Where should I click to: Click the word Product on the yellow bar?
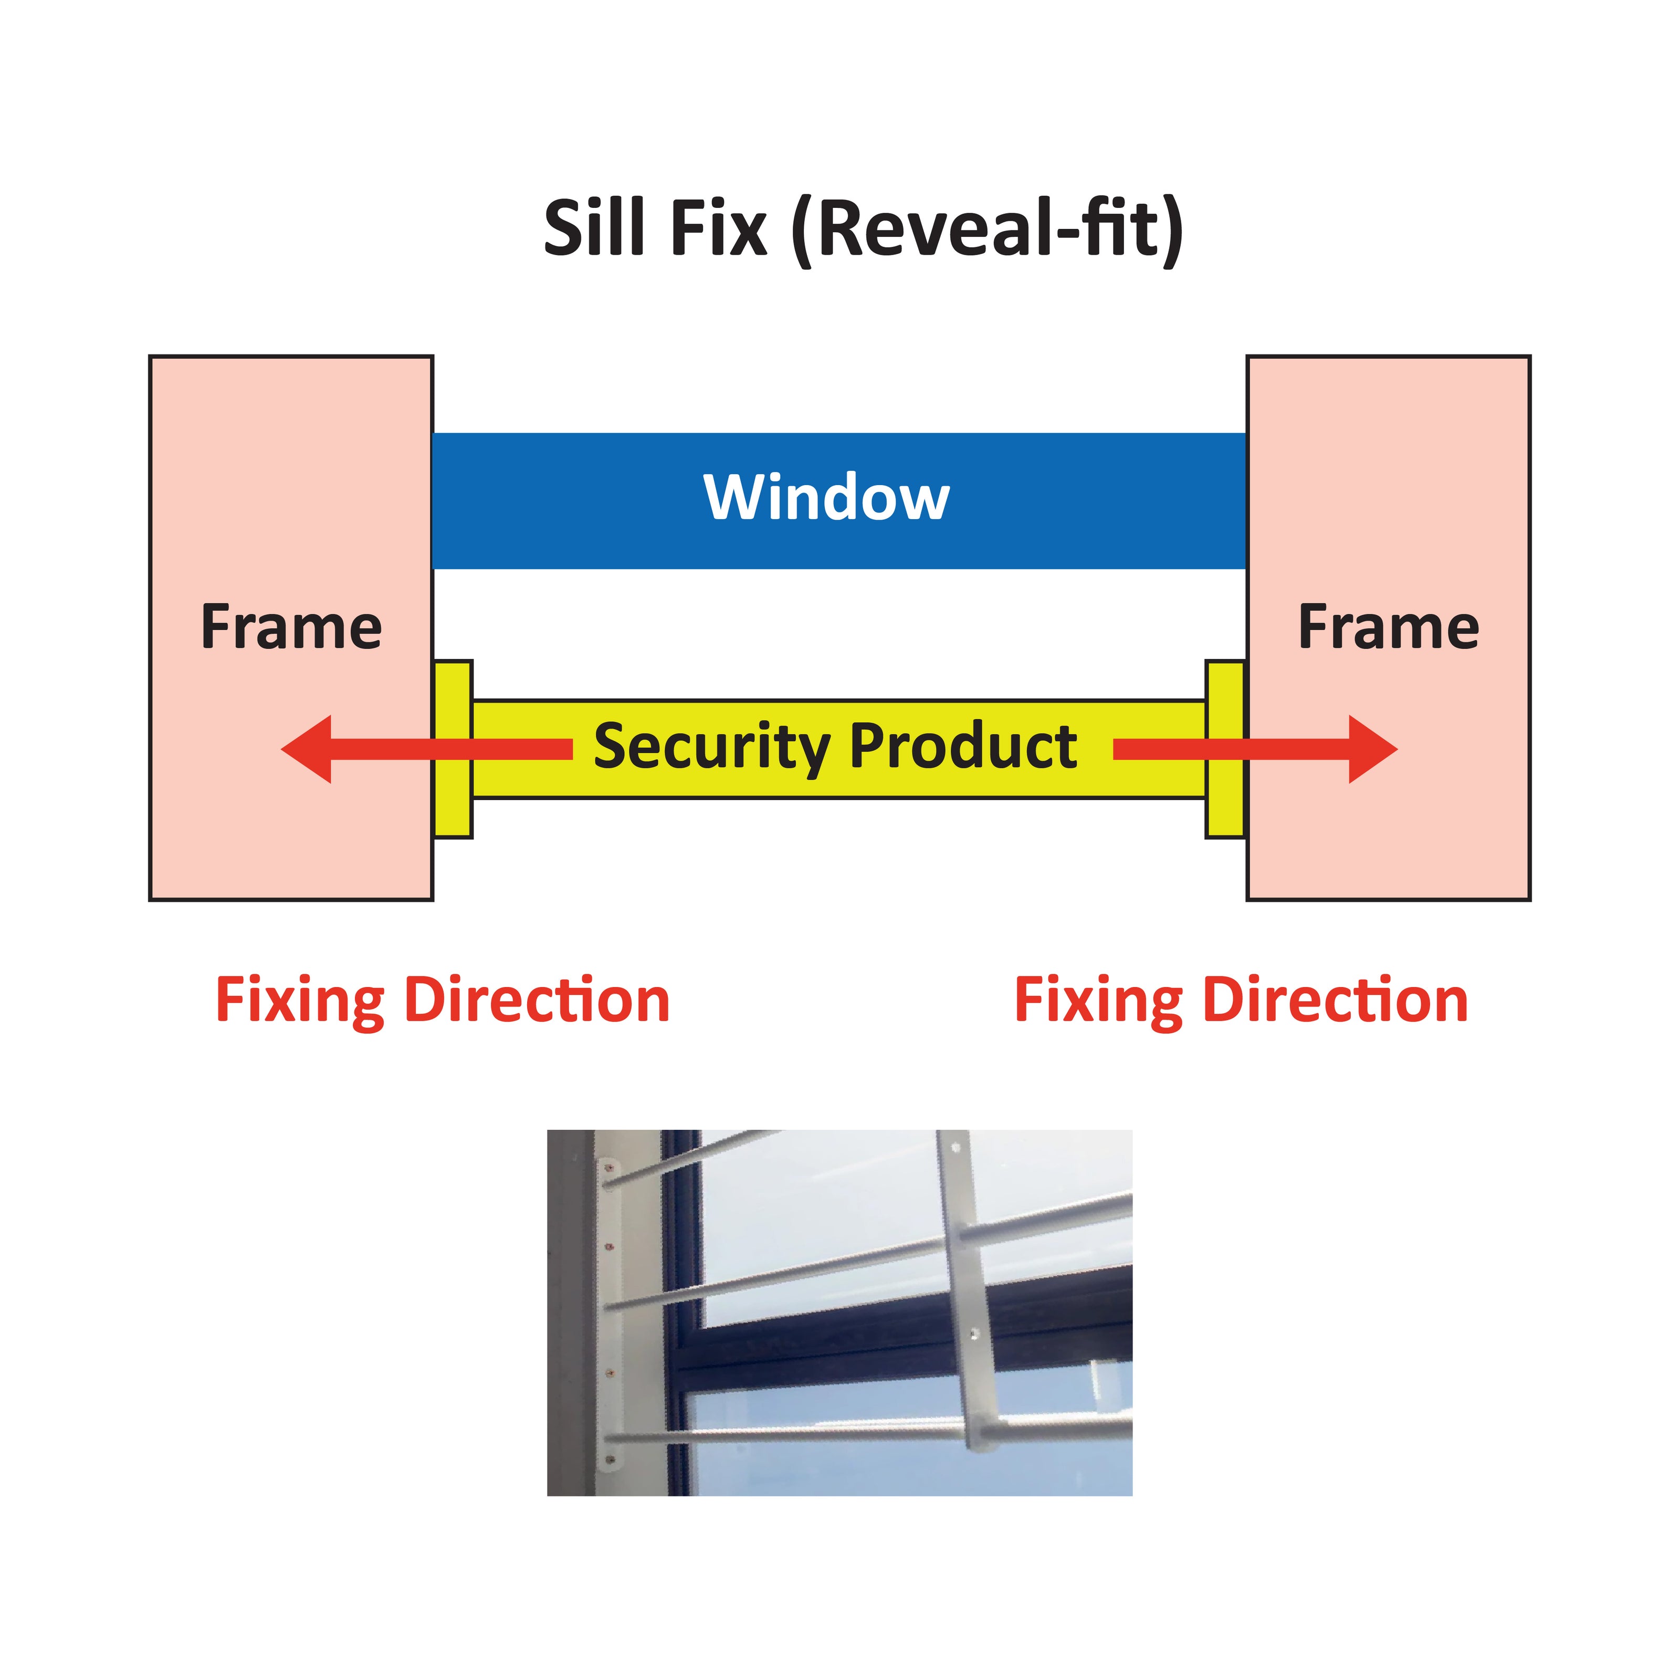click(963, 746)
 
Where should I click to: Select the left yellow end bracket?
click(452, 750)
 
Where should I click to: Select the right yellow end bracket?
click(1226, 750)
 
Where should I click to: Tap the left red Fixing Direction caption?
click(443, 1001)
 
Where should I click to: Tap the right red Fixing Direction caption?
click(1242, 1001)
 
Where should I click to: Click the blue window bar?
click(839, 501)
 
